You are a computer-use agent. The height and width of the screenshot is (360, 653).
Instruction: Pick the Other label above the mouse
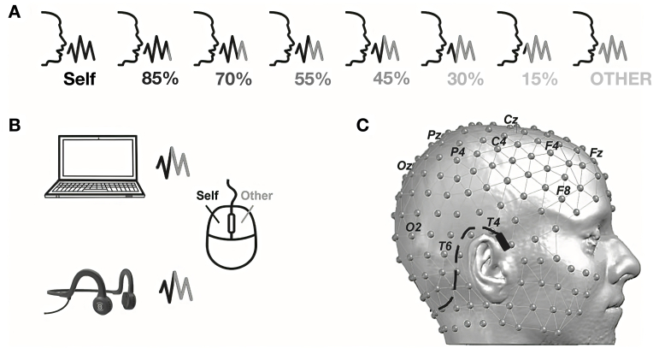coord(256,196)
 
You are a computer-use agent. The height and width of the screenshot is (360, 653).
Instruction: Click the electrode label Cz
coord(510,120)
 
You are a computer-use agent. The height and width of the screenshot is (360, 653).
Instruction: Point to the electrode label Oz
coord(405,165)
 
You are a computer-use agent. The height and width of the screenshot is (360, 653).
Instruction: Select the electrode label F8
coord(563,189)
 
